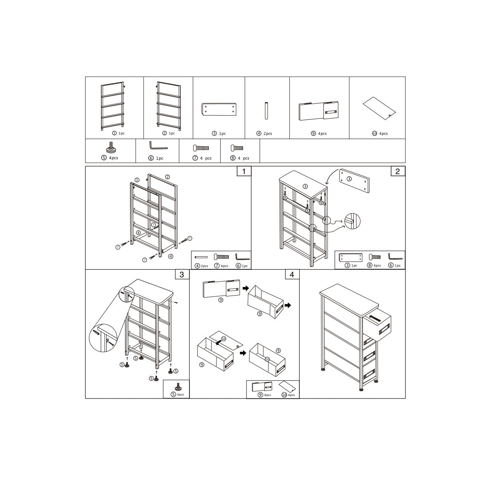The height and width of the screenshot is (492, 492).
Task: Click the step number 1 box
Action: (x=244, y=171)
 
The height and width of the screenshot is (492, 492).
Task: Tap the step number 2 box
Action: (x=398, y=171)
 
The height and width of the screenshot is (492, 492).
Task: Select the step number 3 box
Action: (x=182, y=274)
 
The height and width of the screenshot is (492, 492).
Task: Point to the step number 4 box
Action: (x=292, y=274)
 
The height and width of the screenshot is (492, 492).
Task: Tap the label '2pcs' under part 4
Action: (x=268, y=134)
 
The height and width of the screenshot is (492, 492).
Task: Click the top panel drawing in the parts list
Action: (x=219, y=109)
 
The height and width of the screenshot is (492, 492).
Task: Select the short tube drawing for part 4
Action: (x=266, y=111)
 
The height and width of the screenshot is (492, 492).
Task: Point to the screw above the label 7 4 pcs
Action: (x=201, y=148)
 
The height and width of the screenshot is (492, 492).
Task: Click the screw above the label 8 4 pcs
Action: (x=237, y=148)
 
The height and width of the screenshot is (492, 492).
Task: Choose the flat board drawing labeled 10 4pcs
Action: (x=379, y=108)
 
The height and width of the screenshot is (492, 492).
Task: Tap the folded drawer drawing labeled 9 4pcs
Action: (x=319, y=111)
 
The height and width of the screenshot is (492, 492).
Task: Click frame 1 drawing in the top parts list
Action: (x=113, y=106)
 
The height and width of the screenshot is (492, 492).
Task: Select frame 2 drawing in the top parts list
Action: (x=169, y=106)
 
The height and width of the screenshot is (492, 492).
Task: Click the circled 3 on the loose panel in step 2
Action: (x=349, y=179)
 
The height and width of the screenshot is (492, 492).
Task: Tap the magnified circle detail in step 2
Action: (x=352, y=221)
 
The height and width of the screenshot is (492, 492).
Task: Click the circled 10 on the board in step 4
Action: (x=224, y=339)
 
